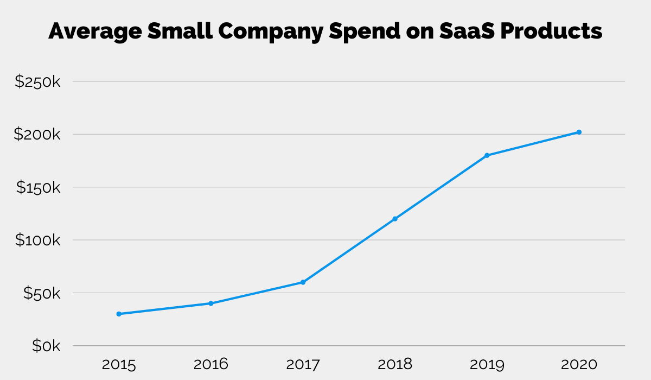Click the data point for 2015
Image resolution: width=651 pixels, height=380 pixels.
119,314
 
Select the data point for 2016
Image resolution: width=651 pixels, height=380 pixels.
211,303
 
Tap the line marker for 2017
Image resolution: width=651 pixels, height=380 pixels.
303,282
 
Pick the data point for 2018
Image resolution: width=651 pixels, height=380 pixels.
395,219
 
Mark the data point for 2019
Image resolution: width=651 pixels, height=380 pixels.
487,155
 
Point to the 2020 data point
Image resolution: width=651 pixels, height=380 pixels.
579,132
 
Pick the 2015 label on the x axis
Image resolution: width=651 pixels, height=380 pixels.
119,364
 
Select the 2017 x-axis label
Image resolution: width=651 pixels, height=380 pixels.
303,364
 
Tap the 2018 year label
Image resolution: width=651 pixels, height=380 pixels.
395,364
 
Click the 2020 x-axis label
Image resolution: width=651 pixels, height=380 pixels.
579,364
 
